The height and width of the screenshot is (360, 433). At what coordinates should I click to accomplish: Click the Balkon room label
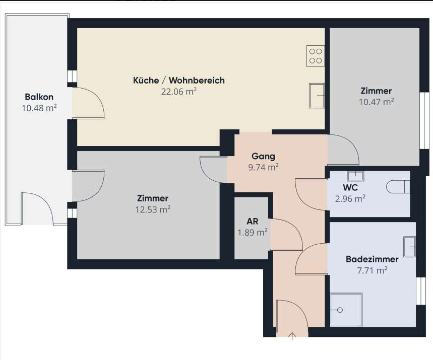39,97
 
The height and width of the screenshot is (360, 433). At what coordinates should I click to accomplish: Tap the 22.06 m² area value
178,91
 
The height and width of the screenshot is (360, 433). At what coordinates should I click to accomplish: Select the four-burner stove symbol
316,56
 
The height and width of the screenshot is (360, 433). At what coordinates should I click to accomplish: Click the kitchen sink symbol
317,96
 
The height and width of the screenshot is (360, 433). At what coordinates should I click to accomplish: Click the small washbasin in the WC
355,176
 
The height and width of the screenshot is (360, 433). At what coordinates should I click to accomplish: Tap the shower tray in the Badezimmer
346,310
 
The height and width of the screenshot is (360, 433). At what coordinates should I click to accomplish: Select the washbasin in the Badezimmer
409,246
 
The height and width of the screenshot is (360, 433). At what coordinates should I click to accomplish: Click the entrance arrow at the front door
292,336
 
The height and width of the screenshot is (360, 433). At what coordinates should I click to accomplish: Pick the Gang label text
263,157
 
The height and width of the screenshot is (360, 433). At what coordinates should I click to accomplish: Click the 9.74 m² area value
263,167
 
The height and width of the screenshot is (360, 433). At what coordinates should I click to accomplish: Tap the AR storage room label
253,221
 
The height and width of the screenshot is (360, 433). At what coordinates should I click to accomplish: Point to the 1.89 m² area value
253,232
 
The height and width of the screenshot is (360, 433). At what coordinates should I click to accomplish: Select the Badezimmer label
372,259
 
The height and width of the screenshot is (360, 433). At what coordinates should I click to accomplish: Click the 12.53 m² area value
153,209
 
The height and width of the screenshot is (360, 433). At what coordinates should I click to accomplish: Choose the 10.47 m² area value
376,102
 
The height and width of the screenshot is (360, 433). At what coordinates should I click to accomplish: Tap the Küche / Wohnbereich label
178,80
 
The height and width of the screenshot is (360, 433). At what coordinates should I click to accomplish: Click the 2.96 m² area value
350,198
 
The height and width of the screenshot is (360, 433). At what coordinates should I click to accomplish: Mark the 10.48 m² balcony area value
39,108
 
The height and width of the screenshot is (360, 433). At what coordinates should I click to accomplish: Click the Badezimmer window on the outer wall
420,291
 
